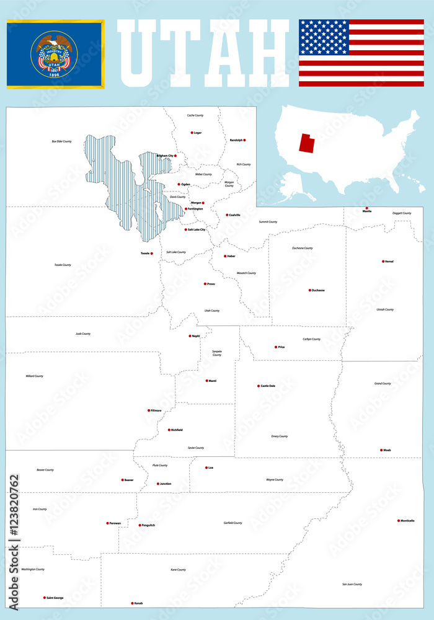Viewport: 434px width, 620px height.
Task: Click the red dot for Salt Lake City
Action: click(184, 229)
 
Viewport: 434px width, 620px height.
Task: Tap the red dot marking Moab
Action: click(381, 450)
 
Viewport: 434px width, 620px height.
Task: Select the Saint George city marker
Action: click(44, 598)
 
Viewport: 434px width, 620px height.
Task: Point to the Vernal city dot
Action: click(383, 261)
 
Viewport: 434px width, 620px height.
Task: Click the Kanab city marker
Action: click(132, 603)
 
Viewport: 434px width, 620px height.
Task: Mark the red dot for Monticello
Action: click(399, 520)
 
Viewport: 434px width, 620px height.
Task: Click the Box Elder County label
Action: click(61, 141)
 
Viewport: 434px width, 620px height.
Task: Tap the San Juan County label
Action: click(352, 584)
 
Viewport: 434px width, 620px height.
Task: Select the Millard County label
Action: click(34, 376)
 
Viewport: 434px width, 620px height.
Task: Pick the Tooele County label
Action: click(63, 265)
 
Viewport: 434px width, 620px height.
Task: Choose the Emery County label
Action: click(279, 436)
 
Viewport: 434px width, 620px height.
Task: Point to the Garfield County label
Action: click(232, 523)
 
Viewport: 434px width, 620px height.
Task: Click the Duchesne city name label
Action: click(318, 290)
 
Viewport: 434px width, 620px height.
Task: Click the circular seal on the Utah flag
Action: click(55, 55)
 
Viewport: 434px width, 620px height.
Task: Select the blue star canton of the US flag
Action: click(324, 37)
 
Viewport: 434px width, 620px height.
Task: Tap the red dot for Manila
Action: click(366, 208)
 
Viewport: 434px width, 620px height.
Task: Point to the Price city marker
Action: click(275, 347)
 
